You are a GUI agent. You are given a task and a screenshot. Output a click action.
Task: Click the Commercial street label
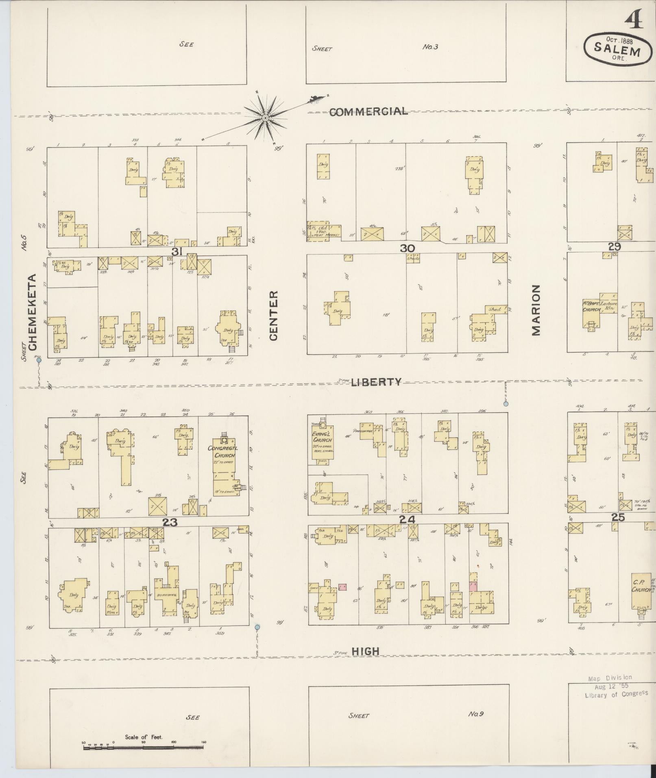click(x=368, y=111)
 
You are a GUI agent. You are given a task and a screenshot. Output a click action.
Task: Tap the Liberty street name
click(x=376, y=382)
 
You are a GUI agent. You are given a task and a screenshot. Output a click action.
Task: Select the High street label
click(x=365, y=651)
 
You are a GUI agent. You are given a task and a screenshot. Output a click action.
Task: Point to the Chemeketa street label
click(x=33, y=312)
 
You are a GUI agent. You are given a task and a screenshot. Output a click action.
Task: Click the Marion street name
click(x=536, y=310)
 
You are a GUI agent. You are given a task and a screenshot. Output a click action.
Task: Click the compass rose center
click(x=265, y=118)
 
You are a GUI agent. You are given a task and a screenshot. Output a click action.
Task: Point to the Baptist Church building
click(x=592, y=313)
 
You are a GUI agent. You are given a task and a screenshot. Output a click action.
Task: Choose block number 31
click(x=176, y=252)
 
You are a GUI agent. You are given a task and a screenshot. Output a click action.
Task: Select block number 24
click(x=407, y=519)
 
